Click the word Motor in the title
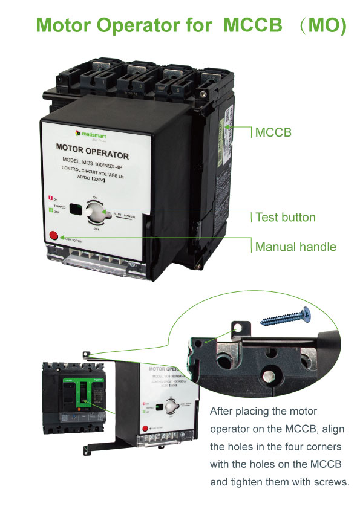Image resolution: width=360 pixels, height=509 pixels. (68, 25)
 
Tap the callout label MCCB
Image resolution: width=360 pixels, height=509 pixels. (273, 131)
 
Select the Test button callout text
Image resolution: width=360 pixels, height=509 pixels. (285, 217)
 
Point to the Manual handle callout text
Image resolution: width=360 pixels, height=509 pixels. (295, 247)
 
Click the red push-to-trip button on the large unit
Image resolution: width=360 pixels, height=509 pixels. (53, 236)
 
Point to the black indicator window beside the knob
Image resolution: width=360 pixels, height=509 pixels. (76, 209)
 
